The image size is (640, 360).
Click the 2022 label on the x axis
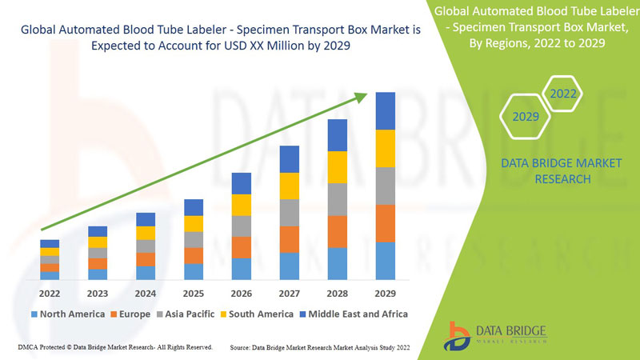pos(50,294)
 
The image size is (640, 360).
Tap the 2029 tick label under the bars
pos(385,294)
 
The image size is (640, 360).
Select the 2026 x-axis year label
pos(241,294)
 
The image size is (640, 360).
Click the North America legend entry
pos(67,314)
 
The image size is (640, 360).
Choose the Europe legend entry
pos(130,314)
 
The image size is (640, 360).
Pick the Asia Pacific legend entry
pos(186,314)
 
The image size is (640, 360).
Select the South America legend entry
pos(257,314)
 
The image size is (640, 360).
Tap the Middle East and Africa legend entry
pos(353,314)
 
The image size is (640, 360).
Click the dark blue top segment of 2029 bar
pos(386,110)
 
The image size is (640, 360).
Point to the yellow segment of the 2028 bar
pos(338,166)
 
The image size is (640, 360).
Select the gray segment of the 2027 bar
pos(290,212)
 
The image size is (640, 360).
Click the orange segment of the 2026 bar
pos(242,247)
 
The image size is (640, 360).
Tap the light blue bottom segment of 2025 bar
pos(194,271)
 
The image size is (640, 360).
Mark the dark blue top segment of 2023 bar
pos(98,231)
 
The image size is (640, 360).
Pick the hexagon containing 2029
pos(526,117)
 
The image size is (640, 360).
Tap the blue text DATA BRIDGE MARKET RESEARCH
pos(560,170)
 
